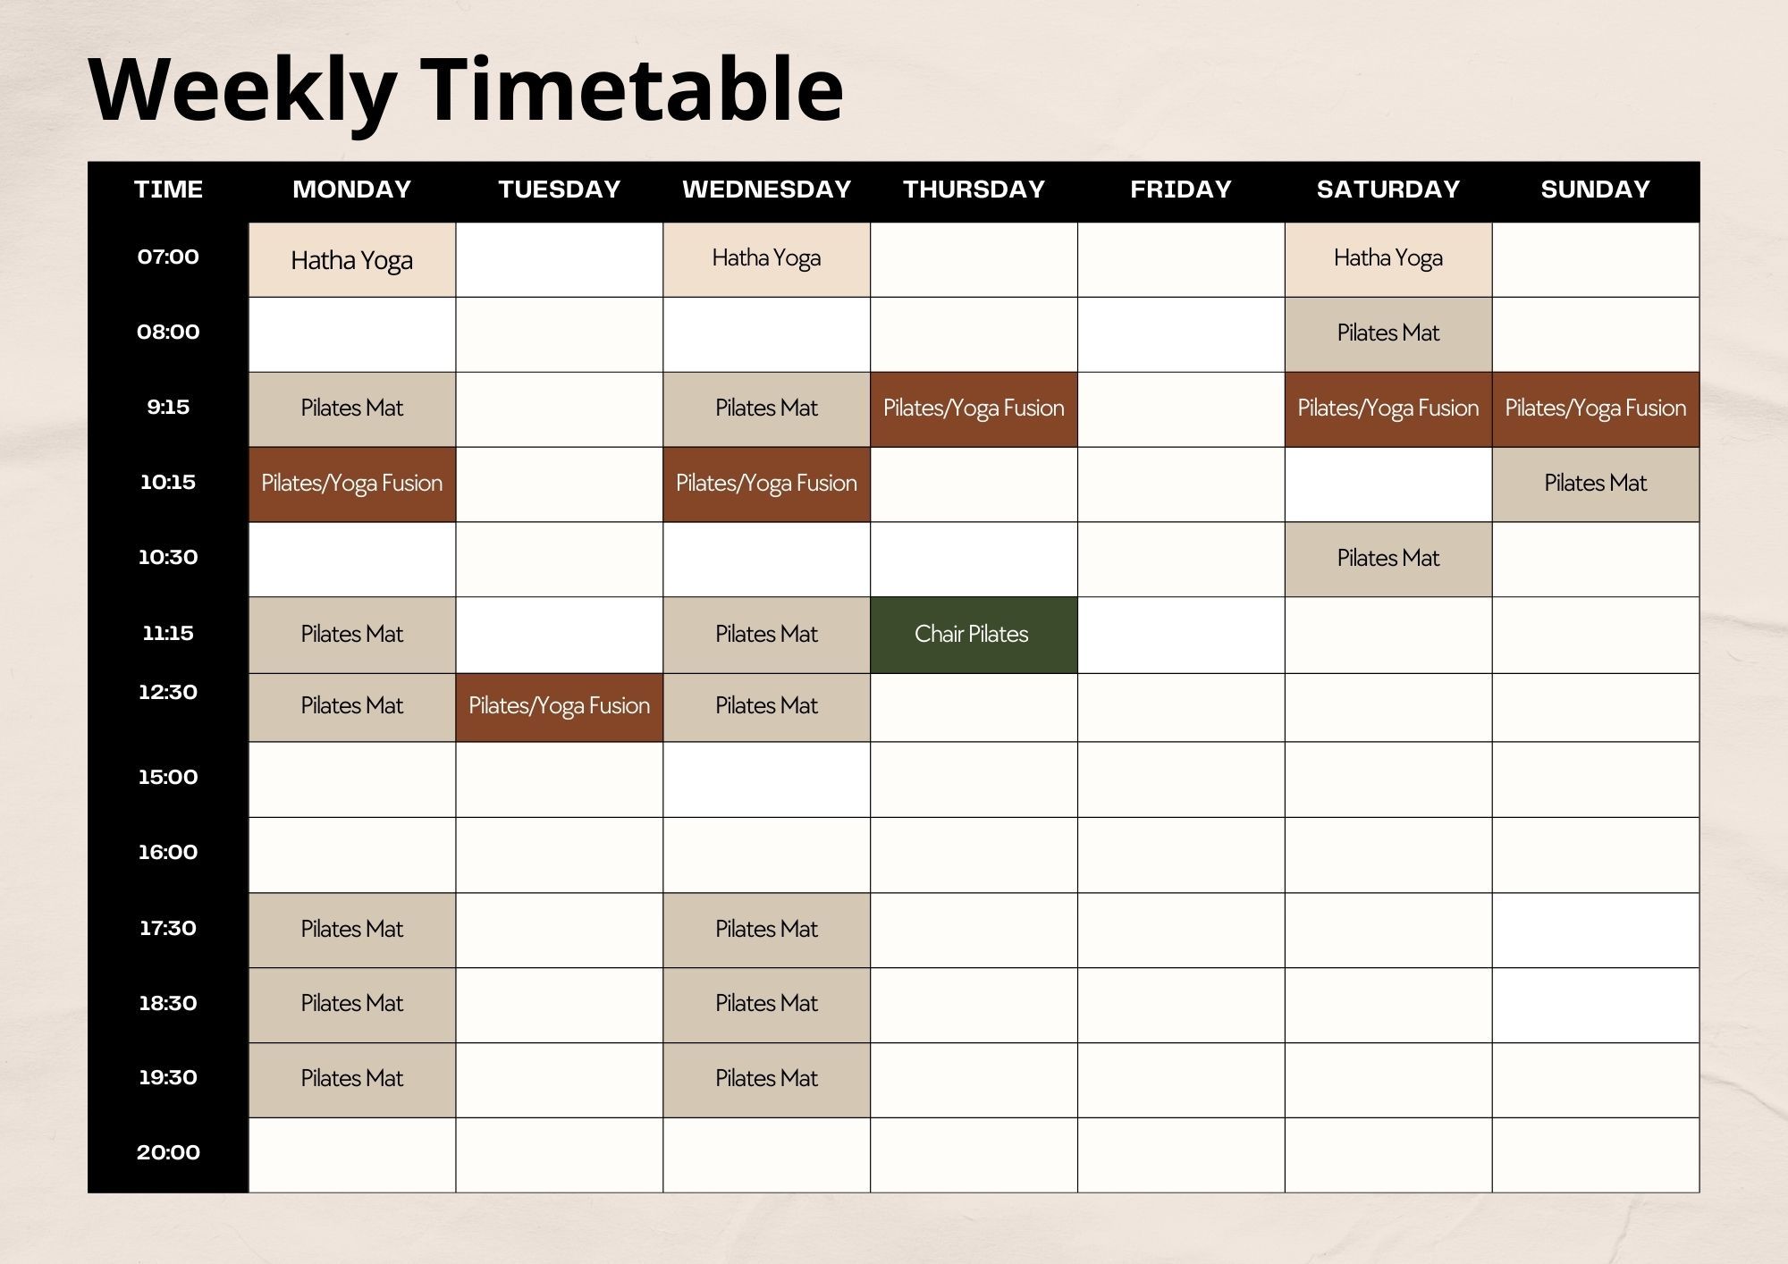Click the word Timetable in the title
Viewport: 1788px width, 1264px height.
point(631,89)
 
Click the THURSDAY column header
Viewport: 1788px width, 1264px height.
point(974,190)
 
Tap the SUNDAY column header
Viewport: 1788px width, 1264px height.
point(1596,190)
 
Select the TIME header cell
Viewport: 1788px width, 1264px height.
point(168,190)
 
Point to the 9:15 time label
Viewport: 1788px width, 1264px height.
point(168,408)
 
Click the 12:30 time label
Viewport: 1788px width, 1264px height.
point(168,692)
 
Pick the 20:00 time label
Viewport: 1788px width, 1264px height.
point(168,1152)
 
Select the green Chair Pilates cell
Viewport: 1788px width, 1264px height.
point(974,635)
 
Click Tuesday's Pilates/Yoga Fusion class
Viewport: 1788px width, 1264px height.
point(560,707)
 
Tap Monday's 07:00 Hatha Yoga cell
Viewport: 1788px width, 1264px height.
point(352,259)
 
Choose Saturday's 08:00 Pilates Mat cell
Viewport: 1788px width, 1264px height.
point(1388,334)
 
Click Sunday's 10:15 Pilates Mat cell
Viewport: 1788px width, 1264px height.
point(1596,485)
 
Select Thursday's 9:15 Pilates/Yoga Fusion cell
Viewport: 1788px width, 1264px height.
point(974,409)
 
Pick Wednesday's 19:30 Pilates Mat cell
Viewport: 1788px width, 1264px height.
point(767,1080)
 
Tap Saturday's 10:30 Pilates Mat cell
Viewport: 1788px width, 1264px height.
point(1388,560)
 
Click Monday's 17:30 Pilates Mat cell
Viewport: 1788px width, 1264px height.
point(352,930)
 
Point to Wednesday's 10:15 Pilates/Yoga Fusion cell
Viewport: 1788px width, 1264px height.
point(767,485)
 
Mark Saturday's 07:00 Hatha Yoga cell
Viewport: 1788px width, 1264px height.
point(1388,259)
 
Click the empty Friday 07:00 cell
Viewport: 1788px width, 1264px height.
point(1181,259)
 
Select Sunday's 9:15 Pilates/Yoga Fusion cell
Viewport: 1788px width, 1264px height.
point(1596,409)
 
